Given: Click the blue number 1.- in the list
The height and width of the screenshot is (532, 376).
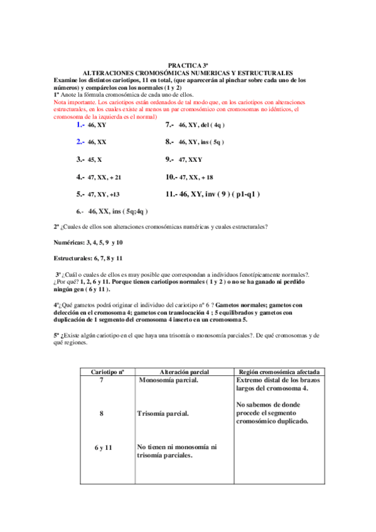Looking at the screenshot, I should click(80, 125).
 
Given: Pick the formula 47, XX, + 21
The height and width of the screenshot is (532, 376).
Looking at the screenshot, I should click(105, 178).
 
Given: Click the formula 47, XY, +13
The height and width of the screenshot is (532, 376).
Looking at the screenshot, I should click(104, 194).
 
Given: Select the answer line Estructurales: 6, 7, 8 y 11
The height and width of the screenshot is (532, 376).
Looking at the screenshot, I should click(88, 258).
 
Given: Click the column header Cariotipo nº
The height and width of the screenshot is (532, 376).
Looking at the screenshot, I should click(101, 372).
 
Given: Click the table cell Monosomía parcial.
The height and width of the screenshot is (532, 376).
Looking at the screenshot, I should click(168, 381).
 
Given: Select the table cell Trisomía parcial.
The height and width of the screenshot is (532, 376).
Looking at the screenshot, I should click(163, 414).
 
